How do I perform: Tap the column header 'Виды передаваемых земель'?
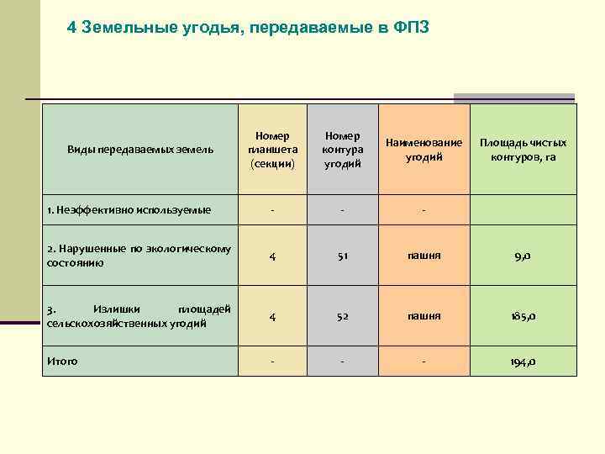[x=140, y=150]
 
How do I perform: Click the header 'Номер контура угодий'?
[x=342, y=150]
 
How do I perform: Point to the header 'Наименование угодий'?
[x=424, y=150]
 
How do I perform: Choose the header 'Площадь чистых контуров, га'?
[x=523, y=150]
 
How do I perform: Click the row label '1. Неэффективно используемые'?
[x=129, y=209]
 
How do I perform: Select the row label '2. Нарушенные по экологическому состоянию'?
[x=139, y=256]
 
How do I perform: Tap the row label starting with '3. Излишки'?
[x=139, y=315]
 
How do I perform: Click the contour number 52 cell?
[x=342, y=316]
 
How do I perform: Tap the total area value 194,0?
[x=523, y=362]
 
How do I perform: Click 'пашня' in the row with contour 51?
[x=424, y=256]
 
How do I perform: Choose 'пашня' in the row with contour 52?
[x=424, y=315]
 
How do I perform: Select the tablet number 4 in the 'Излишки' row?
[x=271, y=316]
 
